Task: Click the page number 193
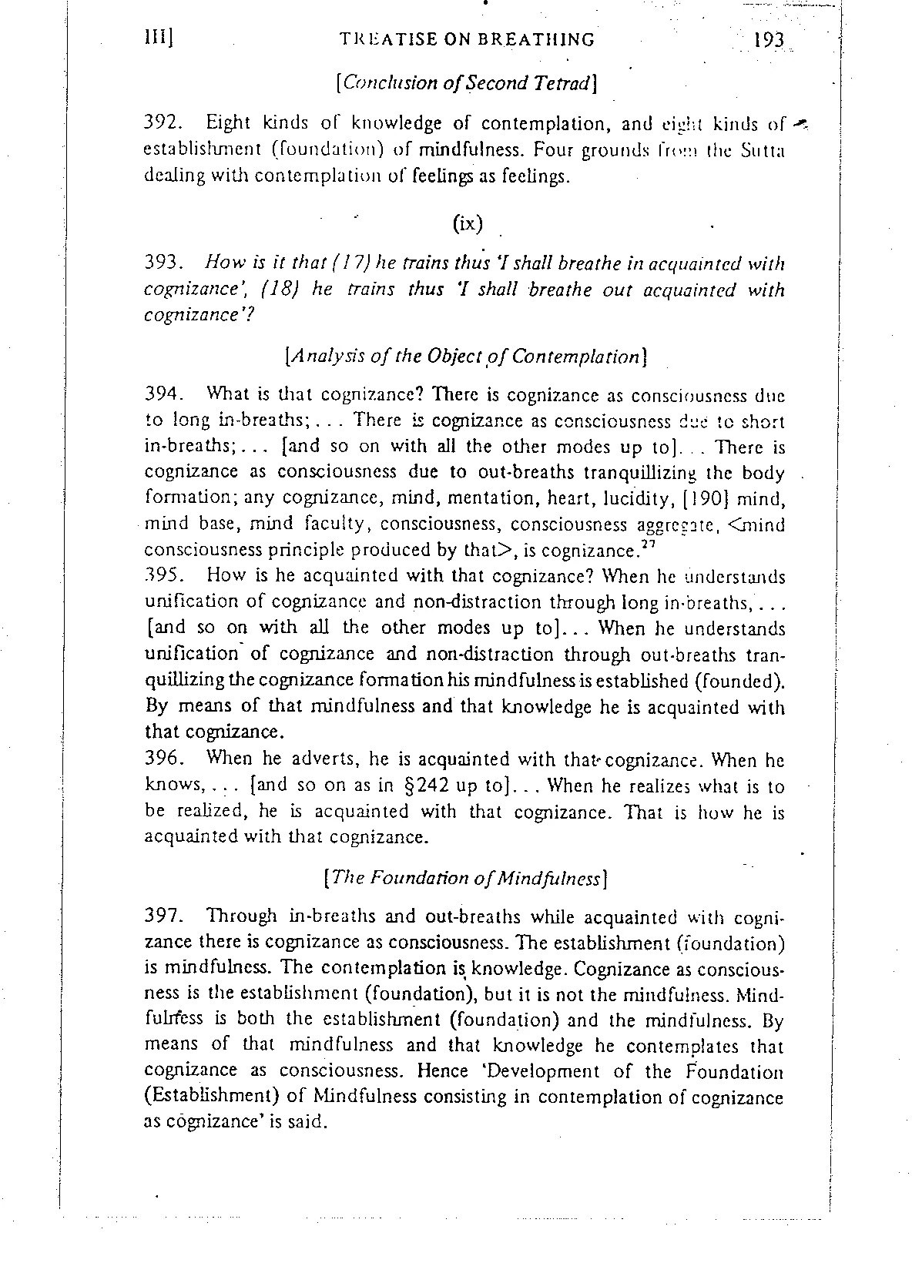[x=768, y=40]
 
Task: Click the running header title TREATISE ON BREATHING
[x=467, y=39]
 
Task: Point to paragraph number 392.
[x=163, y=123]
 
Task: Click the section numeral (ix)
[x=468, y=223]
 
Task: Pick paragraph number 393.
[x=163, y=263]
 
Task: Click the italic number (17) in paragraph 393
[x=346, y=263]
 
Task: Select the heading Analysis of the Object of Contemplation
[x=465, y=357]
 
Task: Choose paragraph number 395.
[x=163, y=576]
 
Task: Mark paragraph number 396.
[x=163, y=759]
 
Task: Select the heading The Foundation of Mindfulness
[x=465, y=878]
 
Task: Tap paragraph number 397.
[x=163, y=916]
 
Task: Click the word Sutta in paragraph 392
[x=766, y=149]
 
